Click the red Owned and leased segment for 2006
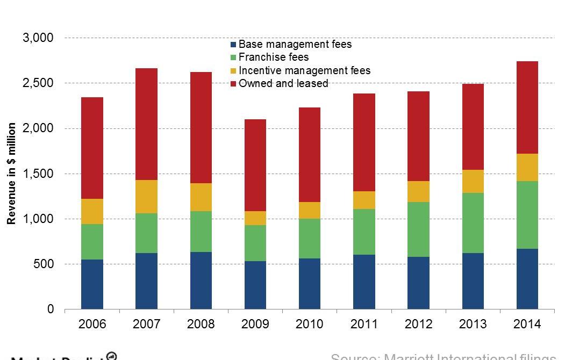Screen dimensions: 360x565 (x=92, y=148)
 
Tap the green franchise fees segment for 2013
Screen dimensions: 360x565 (x=473, y=223)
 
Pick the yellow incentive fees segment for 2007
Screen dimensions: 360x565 (x=146, y=197)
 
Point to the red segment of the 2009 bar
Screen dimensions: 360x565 (x=255, y=165)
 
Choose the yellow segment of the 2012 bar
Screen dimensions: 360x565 (x=418, y=191)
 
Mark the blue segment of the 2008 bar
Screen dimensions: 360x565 (x=201, y=280)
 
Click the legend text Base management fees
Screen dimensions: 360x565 (x=295, y=44)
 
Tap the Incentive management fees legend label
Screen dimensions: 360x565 (x=304, y=70)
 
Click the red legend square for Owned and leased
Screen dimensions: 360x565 (x=233, y=84)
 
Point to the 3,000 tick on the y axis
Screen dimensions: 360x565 (x=38, y=38)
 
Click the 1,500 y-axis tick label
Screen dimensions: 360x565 (x=38, y=174)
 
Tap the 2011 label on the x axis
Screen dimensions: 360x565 (x=364, y=324)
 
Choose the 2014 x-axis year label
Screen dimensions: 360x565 (x=527, y=324)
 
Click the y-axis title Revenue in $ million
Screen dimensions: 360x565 (x=11, y=174)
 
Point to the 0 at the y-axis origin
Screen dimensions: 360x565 (x=51, y=309)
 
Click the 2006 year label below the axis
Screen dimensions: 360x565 (x=92, y=324)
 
